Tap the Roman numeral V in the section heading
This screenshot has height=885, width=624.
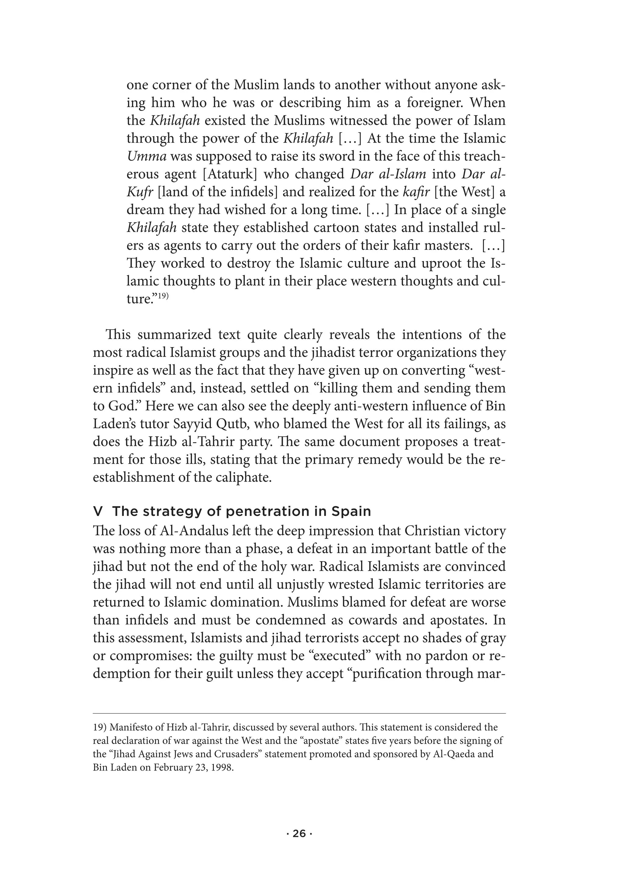click(98, 512)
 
